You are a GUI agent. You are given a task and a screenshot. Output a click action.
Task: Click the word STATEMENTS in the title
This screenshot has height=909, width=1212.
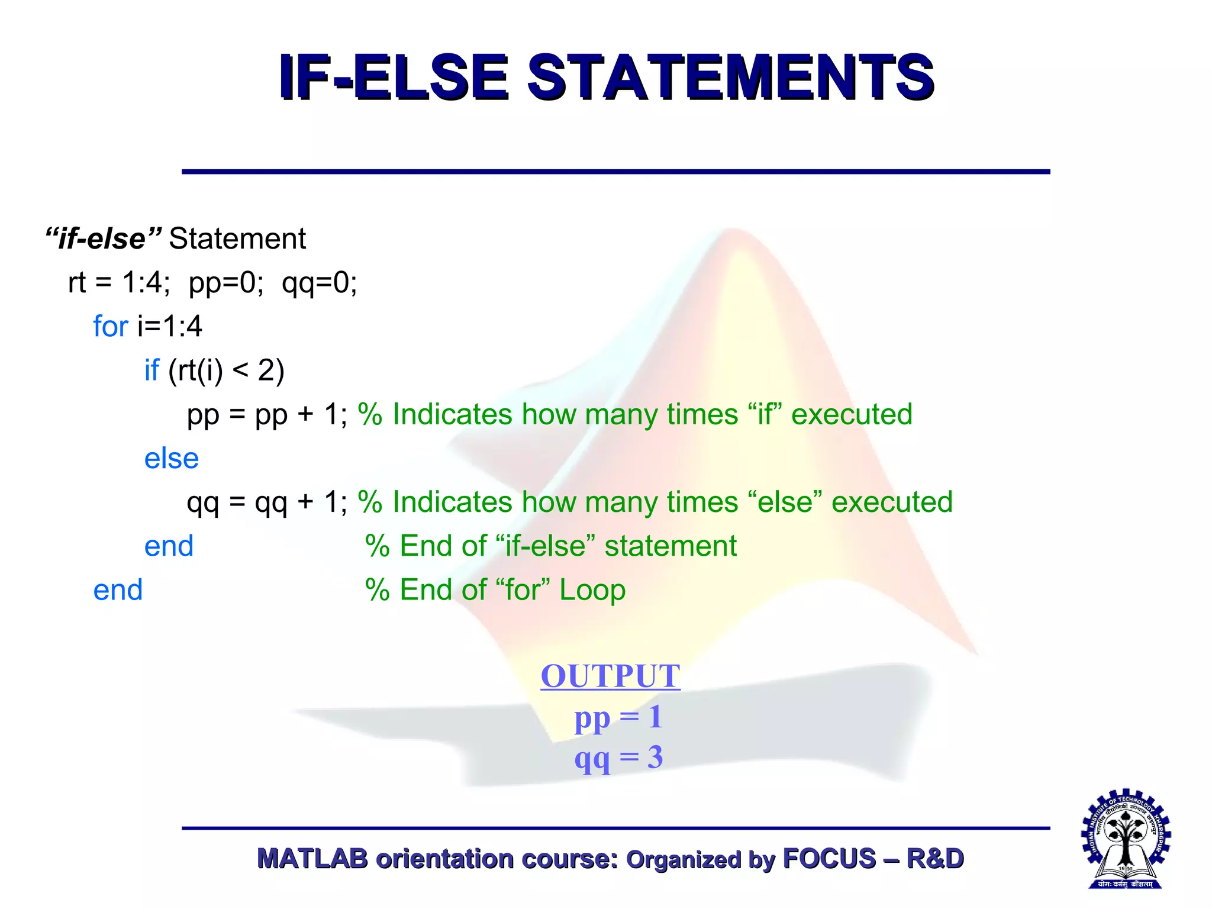click(x=730, y=78)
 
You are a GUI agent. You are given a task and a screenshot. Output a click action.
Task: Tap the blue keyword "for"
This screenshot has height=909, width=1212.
click(x=111, y=327)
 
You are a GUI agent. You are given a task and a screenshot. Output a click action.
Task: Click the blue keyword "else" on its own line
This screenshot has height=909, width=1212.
click(x=171, y=459)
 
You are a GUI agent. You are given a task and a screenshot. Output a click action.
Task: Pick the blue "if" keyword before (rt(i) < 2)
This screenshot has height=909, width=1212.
click(x=151, y=370)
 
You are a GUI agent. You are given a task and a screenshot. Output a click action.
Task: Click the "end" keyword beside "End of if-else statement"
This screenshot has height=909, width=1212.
click(x=169, y=546)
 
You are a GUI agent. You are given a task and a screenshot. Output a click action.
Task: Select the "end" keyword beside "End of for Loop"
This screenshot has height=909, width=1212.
click(x=118, y=590)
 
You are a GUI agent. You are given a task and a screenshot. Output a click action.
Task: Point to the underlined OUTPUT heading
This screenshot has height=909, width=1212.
click(x=610, y=676)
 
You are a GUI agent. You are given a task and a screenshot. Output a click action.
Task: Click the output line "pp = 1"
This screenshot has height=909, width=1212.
click(x=618, y=717)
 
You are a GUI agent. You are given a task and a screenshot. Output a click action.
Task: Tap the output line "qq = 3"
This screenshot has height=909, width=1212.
click(x=618, y=757)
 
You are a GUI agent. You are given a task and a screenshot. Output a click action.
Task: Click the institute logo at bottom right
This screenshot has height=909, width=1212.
click(x=1126, y=839)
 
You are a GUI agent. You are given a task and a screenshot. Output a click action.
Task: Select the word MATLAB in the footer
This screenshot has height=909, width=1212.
click(x=312, y=859)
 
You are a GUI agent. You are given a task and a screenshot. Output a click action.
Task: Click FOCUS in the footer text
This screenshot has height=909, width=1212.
click(x=829, y=859)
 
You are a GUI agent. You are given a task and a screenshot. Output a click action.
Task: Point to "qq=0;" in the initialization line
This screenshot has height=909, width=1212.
click(x=319, y=283)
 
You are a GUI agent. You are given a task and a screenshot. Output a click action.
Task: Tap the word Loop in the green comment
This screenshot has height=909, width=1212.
click(x=592, y=590)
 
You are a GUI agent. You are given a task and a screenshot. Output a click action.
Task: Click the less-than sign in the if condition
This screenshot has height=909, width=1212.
click(x=240, y=371)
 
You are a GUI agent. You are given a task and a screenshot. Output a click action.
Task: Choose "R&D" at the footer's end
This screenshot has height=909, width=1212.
click(x=935, y=859)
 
